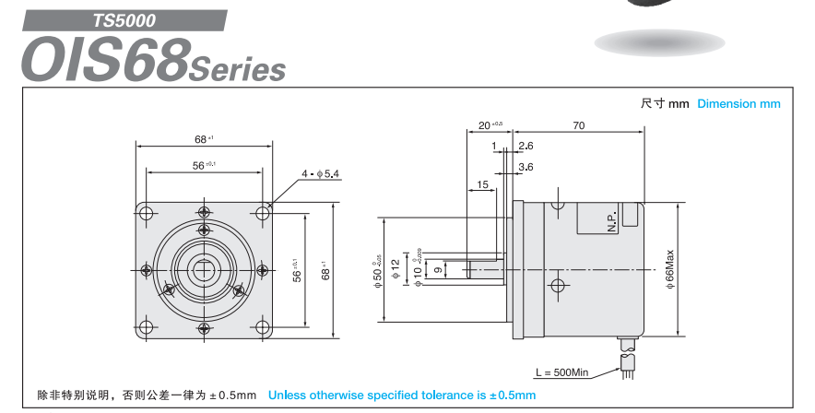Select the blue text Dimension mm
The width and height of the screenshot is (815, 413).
pos(738,104)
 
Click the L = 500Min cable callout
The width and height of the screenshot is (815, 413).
pos(563,372)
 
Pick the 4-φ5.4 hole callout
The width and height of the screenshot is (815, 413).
pos(321,172)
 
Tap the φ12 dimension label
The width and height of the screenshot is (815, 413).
pos(395,269)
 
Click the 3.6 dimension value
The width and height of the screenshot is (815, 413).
pos(526,167)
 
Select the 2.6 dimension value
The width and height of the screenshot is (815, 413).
pos(526,146)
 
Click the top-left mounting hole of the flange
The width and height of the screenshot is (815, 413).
pos(146,213)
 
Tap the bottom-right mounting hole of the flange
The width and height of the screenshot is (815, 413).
pos(263,328)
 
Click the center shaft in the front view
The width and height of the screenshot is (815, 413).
pos(204,270)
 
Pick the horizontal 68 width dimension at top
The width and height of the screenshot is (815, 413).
pos(204,139)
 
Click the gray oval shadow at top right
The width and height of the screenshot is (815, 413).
pos(656,42)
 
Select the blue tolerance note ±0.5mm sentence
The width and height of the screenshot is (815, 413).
pos(402,395)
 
